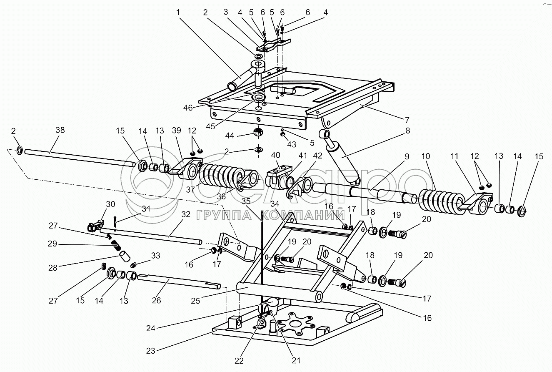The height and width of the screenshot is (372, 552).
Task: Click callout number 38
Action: (60, 130)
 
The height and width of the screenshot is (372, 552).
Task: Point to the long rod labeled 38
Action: (79, 158)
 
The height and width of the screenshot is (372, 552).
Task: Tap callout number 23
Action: (150, 351)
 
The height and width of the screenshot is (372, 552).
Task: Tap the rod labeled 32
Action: (150, 236)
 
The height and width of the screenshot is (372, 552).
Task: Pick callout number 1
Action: (178, 13)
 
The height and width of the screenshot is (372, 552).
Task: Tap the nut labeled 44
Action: (259, 133)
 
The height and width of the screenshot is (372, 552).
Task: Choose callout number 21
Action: (296, 361)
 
